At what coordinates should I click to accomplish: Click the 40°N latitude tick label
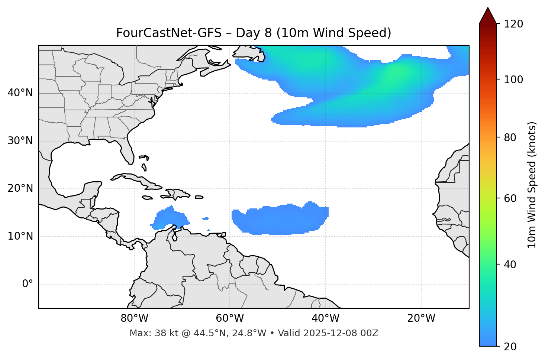(x=20, y=93)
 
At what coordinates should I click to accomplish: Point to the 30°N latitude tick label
(x=20, y=141)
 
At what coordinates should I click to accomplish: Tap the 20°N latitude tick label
(x=20, y=188)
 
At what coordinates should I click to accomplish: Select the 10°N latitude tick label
(x=20, y=236)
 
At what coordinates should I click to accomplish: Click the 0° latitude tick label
(x=28, y=284)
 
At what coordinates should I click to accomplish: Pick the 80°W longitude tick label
(x=134, y=318)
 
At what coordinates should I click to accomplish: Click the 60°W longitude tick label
(x=230, y=318)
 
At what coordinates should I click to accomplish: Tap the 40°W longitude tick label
(x=325, y=318)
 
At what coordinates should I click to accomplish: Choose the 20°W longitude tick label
(x=421, y=318)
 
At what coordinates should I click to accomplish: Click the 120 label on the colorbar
(x=514, y=24)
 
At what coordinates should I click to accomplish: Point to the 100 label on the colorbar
(x=514, y=80)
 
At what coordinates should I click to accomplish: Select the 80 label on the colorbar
(x=512, y=137)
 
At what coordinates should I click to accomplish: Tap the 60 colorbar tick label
(x=512, y=198)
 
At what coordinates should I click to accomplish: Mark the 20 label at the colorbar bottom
(x=512, y=347)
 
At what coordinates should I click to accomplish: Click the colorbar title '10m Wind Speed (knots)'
(x=532, y=185)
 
